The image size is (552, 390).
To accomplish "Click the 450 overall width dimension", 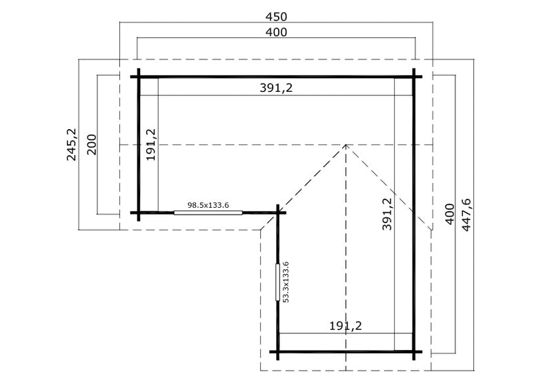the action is point(277,17).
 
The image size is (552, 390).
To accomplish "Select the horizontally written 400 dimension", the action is point(277,32).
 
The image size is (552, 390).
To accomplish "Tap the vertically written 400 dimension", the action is point(450,214).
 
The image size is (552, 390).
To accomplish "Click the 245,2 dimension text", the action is point(72,144).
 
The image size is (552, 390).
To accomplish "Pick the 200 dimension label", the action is point(92,144).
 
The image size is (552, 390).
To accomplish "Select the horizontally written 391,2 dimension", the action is point(277,88).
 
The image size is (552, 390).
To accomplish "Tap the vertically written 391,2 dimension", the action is point(387,214).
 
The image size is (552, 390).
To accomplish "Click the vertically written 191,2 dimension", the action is point(151,144).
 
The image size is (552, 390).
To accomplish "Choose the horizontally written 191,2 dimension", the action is point(346,326).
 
